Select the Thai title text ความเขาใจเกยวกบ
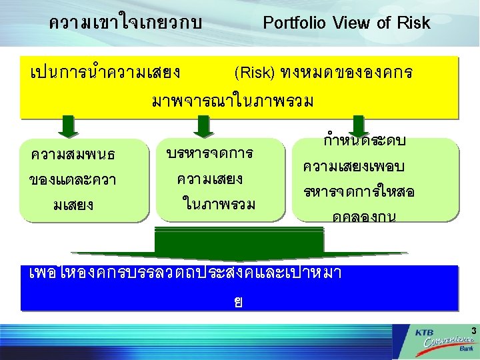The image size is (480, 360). (125, 23)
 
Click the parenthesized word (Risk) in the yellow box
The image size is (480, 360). (255, 72)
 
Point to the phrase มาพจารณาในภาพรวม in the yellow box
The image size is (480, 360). (233, 102)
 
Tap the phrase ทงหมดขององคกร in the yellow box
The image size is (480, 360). (346, 72)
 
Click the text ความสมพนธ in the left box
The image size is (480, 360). (73, 155)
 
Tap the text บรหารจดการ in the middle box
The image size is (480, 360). (209, 153)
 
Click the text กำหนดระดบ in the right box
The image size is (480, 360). (364, 141)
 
